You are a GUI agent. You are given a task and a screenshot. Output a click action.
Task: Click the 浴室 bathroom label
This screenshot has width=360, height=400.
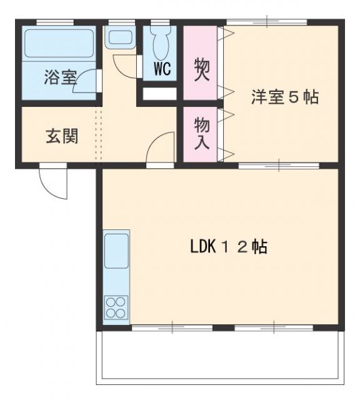point(60,79)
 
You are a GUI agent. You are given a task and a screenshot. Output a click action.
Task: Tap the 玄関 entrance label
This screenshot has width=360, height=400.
point(61,136)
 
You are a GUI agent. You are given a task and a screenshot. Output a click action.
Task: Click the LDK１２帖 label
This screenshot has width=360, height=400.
point(229,247)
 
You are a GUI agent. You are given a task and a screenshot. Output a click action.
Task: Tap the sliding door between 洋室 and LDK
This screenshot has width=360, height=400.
point(279,166)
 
